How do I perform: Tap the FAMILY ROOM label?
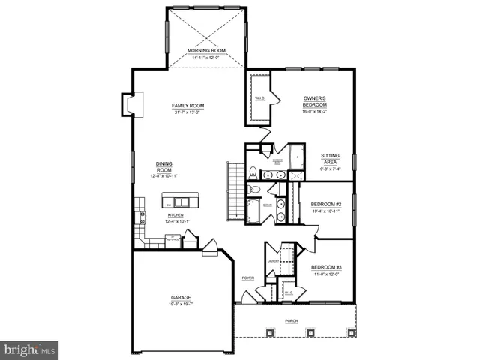coord(187,106)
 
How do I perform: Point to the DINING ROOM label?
coord(165,166)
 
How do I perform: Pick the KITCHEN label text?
coord(175,215)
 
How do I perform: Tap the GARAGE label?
coord(181,298)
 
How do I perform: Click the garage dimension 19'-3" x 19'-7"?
coord(181,304)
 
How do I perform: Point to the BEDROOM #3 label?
coord(325,268)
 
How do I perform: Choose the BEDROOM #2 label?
coord(325,205)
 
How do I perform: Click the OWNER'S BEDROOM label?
coord(314,101)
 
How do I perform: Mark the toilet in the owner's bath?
coord(253,170)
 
